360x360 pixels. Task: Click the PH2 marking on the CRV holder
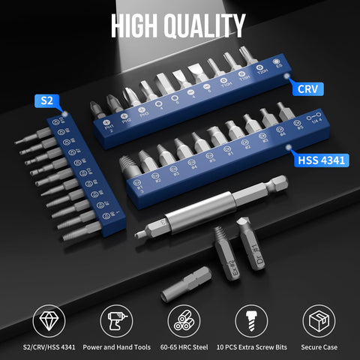pyautogui.click(x=125, y=122)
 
